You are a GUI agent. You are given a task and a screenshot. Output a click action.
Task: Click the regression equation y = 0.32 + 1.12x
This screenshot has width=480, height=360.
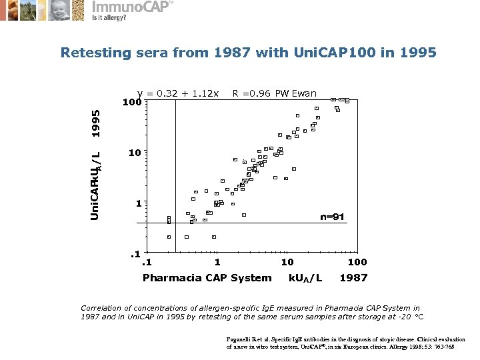178,93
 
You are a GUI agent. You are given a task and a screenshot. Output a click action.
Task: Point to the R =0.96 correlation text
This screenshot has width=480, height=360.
251,93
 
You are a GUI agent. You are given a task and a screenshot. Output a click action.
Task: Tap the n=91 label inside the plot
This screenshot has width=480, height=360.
332,217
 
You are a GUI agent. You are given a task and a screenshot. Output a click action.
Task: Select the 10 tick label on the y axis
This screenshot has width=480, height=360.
134,153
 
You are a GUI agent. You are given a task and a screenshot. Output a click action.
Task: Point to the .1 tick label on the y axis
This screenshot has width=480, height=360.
135,253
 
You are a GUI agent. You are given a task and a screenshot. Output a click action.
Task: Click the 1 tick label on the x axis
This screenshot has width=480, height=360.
217,262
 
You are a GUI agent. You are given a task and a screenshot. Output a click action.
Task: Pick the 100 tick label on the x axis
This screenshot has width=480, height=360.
357,262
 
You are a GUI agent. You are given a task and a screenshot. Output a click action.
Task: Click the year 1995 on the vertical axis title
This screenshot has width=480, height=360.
96,123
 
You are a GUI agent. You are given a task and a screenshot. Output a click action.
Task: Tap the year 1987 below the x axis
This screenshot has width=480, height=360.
353,277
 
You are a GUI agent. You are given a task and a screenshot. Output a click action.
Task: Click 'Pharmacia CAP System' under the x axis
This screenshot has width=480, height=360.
207,277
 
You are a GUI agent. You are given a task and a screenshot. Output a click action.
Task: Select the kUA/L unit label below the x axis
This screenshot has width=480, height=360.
305,278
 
